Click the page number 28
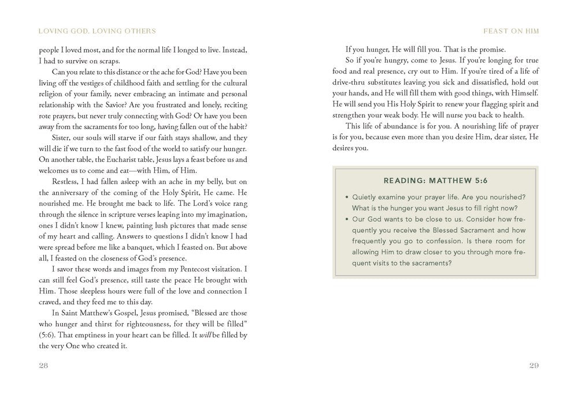[44, 365]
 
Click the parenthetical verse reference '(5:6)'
[48, 336]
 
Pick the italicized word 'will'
[206, 336]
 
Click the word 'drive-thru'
[352, 82]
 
